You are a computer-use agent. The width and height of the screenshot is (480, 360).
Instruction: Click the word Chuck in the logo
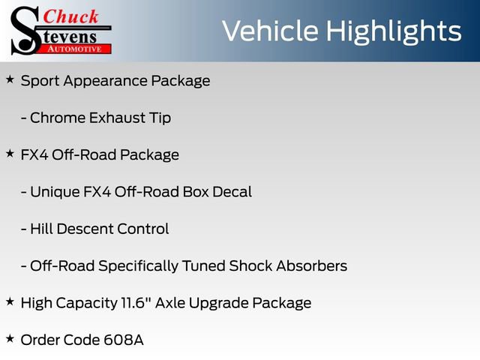(x=73, y=16)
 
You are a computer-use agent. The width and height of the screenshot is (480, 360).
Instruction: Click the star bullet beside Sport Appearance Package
(x=10, y=79)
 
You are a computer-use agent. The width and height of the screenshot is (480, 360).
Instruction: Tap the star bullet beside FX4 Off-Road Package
(x=10, y=153)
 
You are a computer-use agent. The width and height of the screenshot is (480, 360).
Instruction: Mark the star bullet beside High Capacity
(x=10, y=301)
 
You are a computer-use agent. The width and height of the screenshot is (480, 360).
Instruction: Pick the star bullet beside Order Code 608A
(x=10, y=338)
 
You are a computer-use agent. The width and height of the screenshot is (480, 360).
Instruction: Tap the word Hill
(x=41, y=229)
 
